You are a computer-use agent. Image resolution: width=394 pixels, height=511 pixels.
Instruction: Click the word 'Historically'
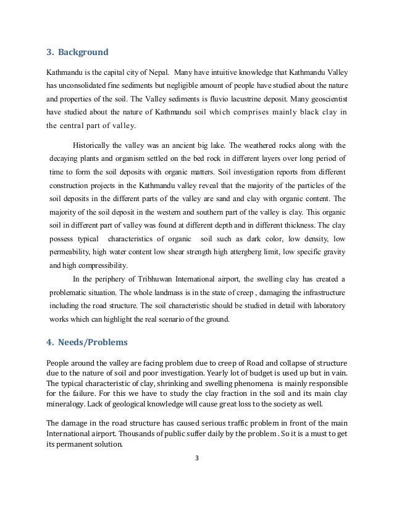point(94,145)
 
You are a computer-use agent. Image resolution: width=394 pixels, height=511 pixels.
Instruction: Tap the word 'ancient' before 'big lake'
point(188,145)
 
